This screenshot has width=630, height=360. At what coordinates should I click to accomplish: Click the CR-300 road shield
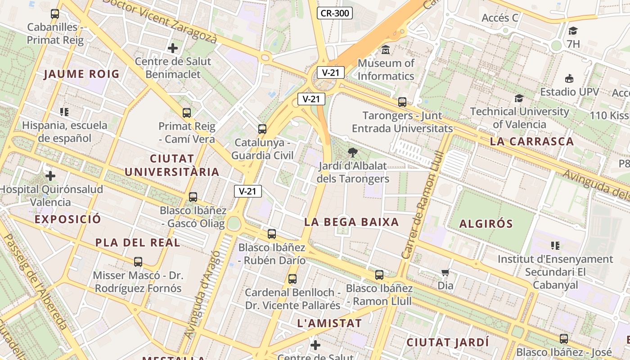pyautogui.click(x=334, y=13)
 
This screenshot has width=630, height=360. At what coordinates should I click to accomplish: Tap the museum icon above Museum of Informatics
pyautogui.click(x=386, y=49)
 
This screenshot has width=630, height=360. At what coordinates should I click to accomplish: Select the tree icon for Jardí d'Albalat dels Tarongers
pyautogui.click(x=353, y=152)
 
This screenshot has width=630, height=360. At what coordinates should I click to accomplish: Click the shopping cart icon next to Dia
pyautogui.click(x=445, y=272)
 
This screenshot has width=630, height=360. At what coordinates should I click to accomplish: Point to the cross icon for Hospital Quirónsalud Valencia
pyautogui.click(x=50, y=175)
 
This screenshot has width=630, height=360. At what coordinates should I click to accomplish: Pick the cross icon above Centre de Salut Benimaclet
pyautogui.click(x=173, y=48)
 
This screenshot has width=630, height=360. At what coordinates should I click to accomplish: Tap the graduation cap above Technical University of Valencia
pyautogui.click(x=519, y=98)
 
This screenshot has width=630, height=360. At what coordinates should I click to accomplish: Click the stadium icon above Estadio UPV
pyautogui.click(x=569, y=79)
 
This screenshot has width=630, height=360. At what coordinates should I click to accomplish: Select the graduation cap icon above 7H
pyautogui.click(x=573, y=31)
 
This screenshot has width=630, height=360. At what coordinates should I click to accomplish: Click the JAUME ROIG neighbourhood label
pyautogui.click(x=81, y=74)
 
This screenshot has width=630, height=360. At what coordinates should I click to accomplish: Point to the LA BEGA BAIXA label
pyautogui.click(x=351, y=222)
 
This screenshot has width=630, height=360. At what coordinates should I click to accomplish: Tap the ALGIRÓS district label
pyautogui.click(x=486, y=224)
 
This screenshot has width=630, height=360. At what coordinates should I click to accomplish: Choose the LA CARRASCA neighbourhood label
pyautogui.click(x=532, y=141)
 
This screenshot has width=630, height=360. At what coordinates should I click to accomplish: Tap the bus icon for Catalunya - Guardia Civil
pyautogui.click(x=262, y=129)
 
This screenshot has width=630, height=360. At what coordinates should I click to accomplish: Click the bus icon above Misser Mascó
pyautogui.click(x=138, y=261)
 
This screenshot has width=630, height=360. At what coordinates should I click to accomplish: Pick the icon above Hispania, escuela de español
pyautogui.click(x=64, y=112)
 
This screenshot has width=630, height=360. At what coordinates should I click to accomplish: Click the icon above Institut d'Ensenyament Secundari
pyautogui.click(x=555, y=246)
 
